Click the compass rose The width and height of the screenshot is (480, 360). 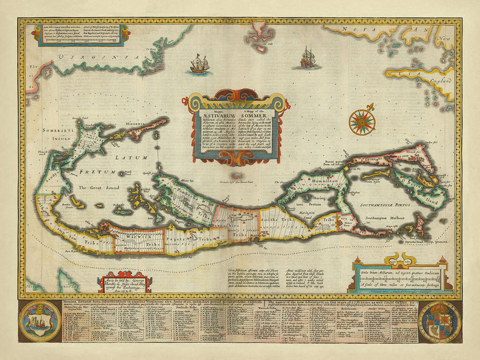(362, 122)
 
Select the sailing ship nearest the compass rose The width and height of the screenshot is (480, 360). (308, 57)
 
